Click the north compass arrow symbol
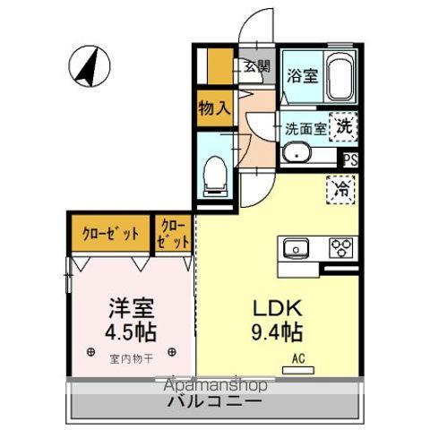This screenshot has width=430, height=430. (88, 67)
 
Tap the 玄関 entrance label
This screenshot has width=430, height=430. (257, 65)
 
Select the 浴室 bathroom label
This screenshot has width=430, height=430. (300, 75)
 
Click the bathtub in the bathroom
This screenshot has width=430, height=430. (339, 78)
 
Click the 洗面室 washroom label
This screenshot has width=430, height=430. (306, 128)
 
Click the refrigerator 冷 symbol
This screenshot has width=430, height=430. (341, 190)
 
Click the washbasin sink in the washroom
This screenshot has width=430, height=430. (297, 155)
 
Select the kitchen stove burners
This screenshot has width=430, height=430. (342, 246)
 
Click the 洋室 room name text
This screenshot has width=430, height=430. (131, 310)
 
